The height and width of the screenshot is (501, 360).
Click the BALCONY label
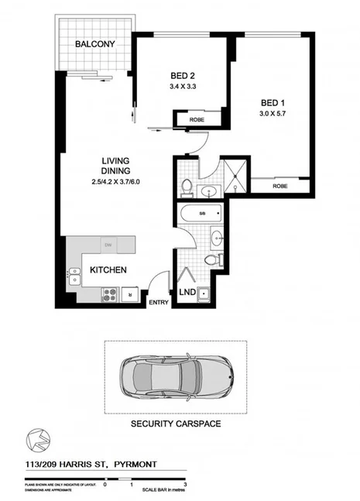(95, 45)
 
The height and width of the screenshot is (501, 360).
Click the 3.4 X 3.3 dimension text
(184, 88)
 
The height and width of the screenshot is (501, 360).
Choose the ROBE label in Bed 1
(280, 187)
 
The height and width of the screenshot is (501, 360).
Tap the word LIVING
(115, 161)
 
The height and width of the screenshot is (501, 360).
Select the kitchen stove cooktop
(109, 293)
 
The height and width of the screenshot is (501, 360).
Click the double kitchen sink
(75, 275)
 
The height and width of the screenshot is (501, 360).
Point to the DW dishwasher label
(108, 245)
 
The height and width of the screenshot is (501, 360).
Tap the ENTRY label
(158, 302)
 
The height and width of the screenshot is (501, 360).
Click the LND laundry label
(187, 292)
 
